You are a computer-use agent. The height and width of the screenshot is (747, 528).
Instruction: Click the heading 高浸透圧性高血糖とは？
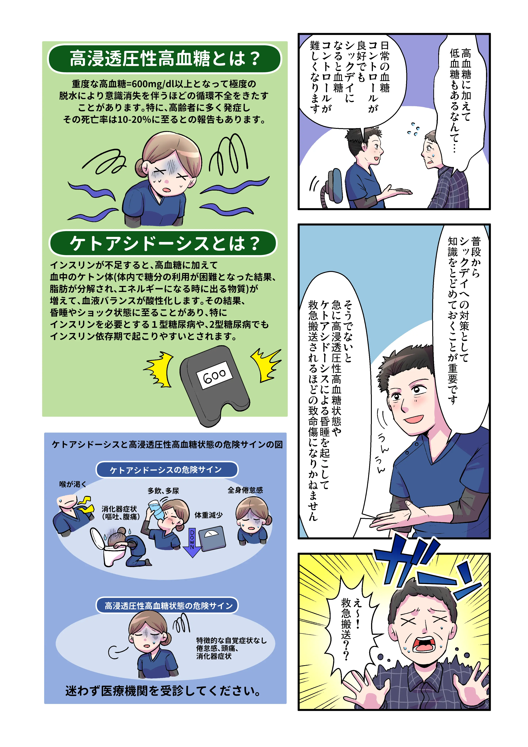(165, 59)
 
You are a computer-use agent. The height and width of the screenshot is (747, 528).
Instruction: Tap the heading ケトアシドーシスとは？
(163, 243)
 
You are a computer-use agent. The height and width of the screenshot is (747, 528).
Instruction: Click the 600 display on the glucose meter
(214, 375)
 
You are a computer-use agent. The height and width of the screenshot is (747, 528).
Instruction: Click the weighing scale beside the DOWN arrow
(212, 540)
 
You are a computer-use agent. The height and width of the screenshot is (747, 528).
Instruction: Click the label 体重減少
(209, 515)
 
